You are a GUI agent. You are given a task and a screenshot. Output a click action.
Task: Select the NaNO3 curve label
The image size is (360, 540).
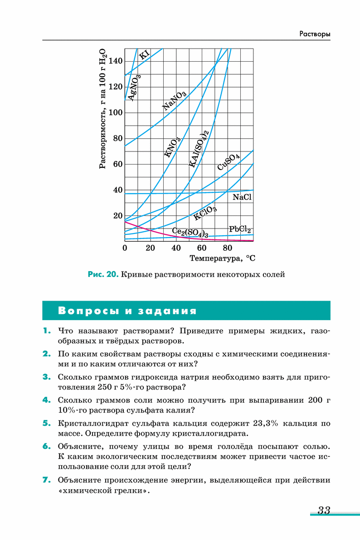[174, 101]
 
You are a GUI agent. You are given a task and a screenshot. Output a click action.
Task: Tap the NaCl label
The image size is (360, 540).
[242, 197]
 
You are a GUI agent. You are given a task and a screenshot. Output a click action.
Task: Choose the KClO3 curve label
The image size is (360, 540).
[205, 213]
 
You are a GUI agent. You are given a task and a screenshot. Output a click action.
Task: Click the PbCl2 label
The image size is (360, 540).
[240, 229]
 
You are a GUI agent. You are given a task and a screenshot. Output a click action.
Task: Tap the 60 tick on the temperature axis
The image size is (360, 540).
[202, 248]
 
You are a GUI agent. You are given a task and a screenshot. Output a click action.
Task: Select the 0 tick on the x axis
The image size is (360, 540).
[125, 248]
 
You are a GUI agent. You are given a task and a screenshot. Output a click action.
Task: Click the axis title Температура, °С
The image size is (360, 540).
[223, 259]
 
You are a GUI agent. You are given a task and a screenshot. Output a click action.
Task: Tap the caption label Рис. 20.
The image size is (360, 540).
[103, 275]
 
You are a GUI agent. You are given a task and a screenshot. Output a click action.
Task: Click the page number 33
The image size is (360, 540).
[324, 510]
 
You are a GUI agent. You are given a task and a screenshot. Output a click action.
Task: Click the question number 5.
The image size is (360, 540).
[46, 423]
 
